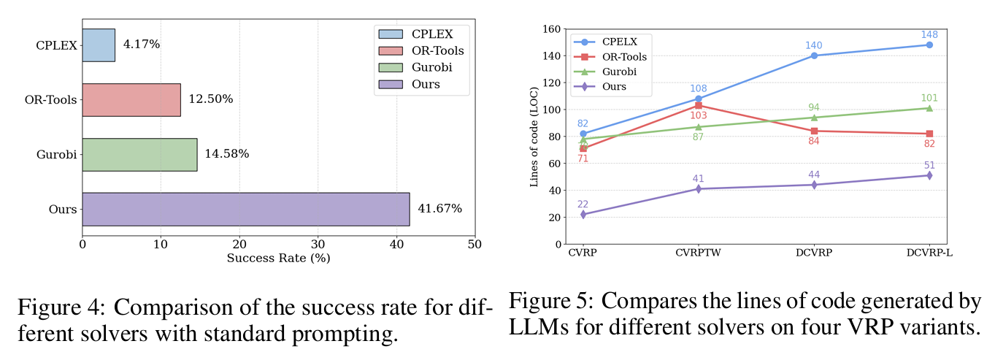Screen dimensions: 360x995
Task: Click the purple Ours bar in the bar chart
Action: pos(245,209)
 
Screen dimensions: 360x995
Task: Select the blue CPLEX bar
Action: pos(99,45)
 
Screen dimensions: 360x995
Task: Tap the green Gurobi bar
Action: pos(139,154)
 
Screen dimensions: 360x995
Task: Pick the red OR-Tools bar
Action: pos(131,99)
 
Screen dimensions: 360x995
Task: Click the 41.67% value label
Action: pos(439,209)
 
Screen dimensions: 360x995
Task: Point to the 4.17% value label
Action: pos(142,45)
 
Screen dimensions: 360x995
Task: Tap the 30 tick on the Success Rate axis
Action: pos(318,244)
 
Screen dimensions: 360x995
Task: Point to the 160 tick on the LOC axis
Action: pos(551,29)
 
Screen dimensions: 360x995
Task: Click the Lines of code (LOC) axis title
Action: pos(534,136)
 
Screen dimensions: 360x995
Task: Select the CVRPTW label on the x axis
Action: pos(698,252)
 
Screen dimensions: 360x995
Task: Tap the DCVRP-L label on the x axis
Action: pos(929,252)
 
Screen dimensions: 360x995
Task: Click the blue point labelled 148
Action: pos(929,45)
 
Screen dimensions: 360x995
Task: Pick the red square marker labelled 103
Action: pos(699,105)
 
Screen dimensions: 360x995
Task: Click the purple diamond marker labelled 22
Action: pos(583,215)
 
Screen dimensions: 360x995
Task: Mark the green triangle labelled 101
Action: pos(929,108)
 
